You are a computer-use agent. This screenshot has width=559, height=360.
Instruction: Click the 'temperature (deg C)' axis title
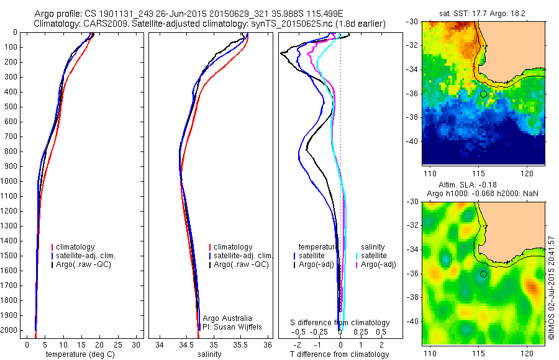coord(78,354)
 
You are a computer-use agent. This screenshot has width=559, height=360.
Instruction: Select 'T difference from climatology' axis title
coord(340,354)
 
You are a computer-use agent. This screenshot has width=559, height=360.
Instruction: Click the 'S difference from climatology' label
coord(340,323)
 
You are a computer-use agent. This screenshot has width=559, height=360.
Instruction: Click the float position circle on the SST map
coord(483,94)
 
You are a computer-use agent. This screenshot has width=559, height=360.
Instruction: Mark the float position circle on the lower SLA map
coord(483,274)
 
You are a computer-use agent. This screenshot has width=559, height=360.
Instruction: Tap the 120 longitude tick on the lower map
coord(527,353)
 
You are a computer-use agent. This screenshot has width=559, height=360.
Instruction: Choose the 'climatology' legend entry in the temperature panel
coord(75,247)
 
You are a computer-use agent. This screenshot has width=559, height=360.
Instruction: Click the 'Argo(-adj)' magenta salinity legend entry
coord(378,265)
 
